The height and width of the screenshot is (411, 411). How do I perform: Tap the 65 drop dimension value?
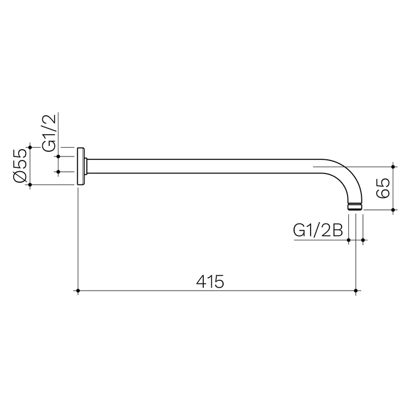tap(383, 188)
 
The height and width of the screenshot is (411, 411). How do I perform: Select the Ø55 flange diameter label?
tap(19, 166)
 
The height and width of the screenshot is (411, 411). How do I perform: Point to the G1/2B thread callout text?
tap(317, 231)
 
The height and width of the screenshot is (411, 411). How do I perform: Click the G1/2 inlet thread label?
tap(50, 132)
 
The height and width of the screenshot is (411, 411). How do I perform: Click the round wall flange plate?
tap(82, 166)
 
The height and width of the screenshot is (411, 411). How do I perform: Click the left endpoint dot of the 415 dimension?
tap(78, 291)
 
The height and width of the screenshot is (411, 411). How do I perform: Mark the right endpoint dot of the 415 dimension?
tap(356, 291)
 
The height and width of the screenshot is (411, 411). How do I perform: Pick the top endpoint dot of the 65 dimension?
tap(393, 166)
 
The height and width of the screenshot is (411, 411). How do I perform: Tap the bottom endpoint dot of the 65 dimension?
tap(393, 210)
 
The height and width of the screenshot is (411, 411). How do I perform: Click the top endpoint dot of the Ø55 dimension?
tap(30, 147)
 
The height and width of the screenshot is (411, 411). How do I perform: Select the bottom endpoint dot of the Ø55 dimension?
tap(30, 185)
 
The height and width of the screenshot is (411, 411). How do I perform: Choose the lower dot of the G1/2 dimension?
tap(58, 171)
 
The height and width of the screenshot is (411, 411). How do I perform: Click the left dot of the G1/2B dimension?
tap(349, 240)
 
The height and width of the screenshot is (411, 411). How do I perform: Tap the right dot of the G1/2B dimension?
tap(363, 240)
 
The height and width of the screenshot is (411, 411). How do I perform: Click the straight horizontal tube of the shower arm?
tap(200, 166)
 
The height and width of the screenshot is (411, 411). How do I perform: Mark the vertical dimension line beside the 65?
tap(393, 188)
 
